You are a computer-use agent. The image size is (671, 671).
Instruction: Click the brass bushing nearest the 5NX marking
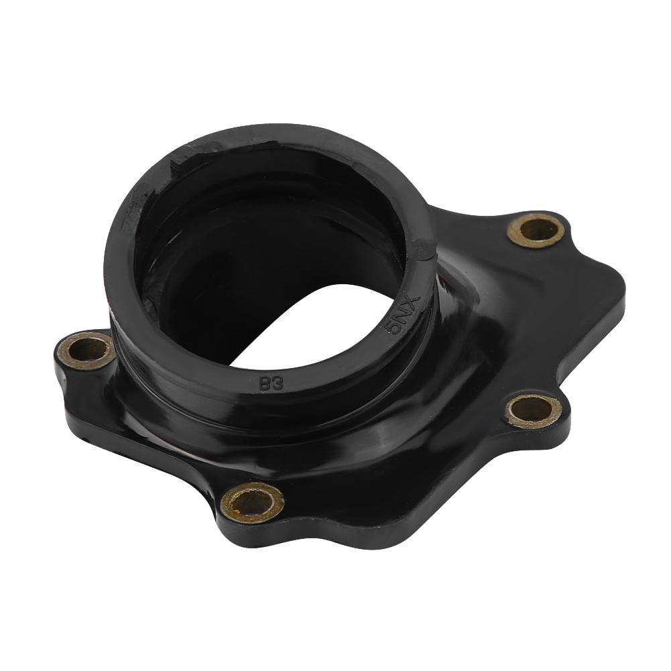click(536, 231)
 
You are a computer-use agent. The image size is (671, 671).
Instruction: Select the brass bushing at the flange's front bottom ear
click(252, 501)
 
